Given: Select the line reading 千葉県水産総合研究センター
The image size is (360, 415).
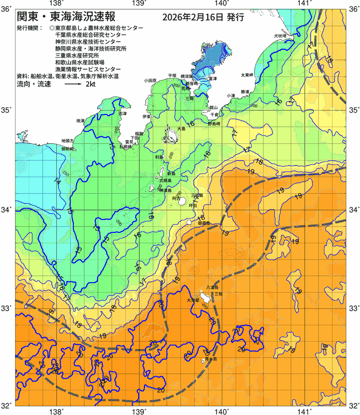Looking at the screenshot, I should pos(90,35).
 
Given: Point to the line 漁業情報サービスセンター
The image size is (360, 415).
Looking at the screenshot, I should pos(88,69).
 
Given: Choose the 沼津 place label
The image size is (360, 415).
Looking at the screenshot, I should pos(123,113).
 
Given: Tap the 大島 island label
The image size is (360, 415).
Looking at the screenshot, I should pos(181,129).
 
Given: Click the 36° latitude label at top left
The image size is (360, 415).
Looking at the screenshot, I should pos(6,9).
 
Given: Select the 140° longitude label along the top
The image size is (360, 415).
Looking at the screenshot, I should pos(222,4).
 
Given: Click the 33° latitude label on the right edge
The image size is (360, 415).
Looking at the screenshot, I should pos(353,307).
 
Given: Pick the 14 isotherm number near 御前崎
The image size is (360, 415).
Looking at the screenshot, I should pos(57,181).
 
